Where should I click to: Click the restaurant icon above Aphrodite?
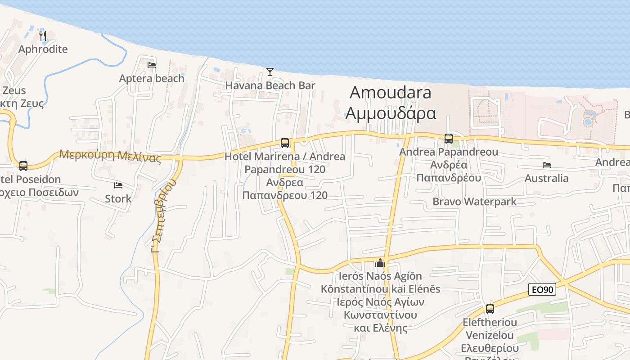click(x=43, y=36)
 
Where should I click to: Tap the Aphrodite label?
click(x=43, y=49)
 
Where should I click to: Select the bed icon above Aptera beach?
click(x=152, y=65)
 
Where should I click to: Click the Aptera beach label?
click(x=152, y=78)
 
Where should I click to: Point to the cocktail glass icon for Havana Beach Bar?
click(x=270, y=72)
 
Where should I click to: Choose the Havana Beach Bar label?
click(x=270, y=85)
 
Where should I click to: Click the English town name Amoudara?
click(x=390, y=92)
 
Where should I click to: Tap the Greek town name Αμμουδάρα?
click(x=390, y=113)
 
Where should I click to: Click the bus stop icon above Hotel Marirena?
click(x=284, y=143)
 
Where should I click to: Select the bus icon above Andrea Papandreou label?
click(x=448, y=139)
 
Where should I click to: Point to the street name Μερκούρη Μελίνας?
click(x=110, y=156)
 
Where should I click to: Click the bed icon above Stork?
click(x=118, y=185)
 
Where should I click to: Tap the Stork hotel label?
click(x=118, y=198)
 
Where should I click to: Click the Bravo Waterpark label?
click(x=474, y=201)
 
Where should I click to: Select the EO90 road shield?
click(x=542, y=289)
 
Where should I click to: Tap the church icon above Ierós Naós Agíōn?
click(x=380, y=262)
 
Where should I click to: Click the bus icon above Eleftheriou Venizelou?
click(x=490, y=309)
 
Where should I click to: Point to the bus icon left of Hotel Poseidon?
click(x=23, y=166)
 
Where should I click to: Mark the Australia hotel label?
click(x=547, y=178)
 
